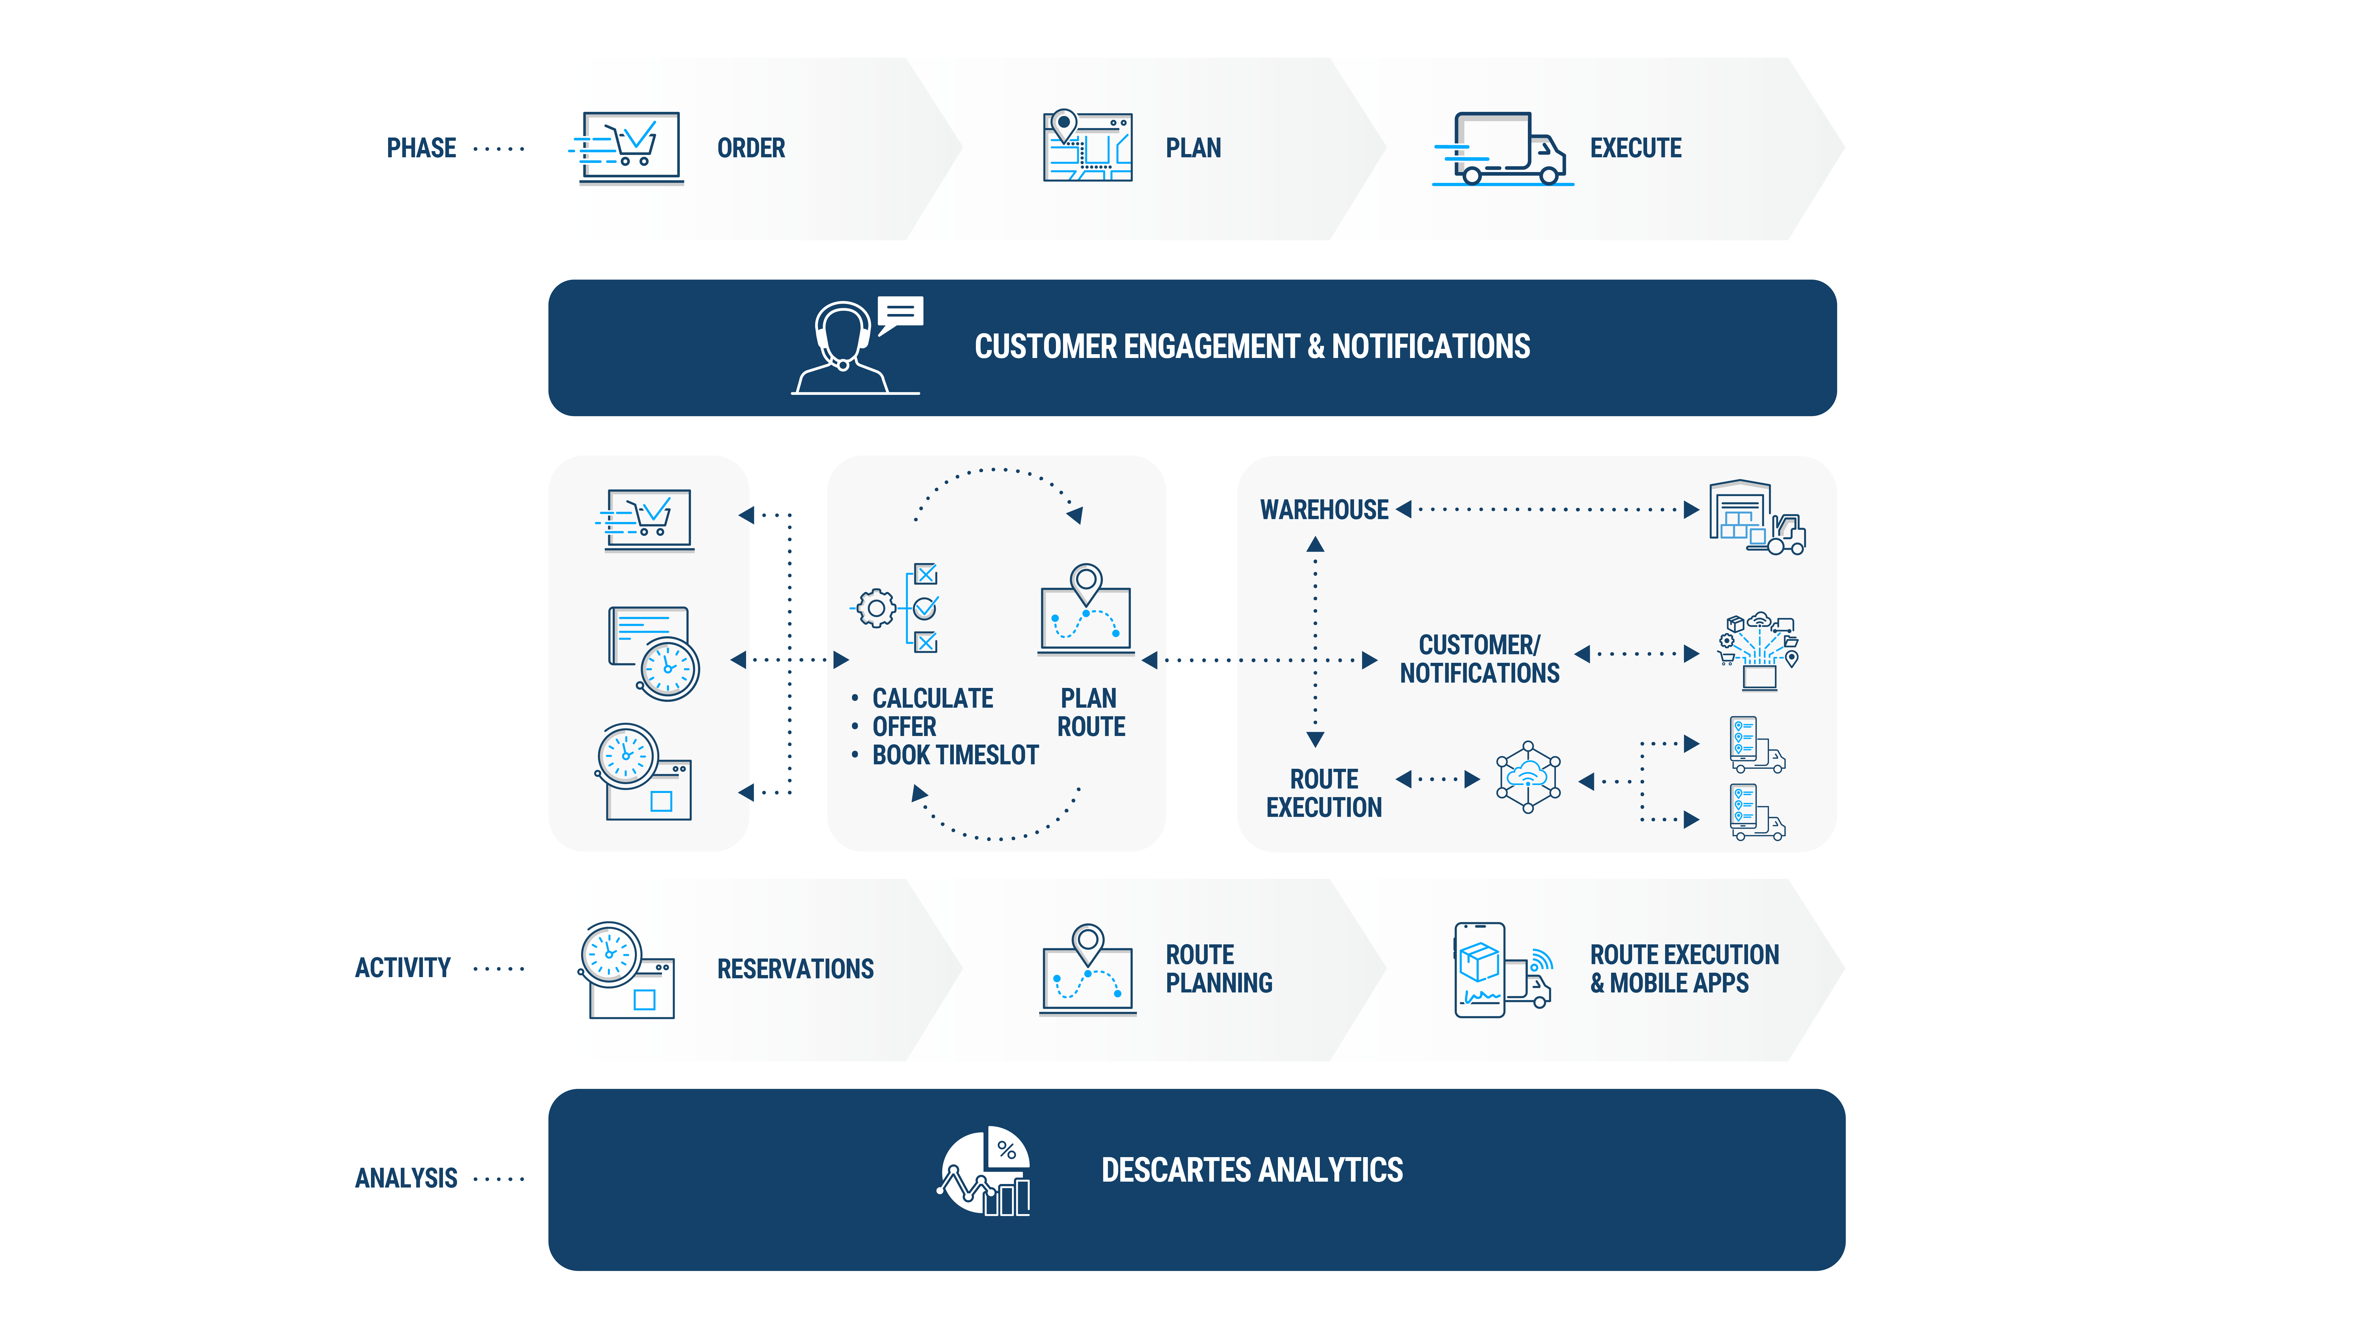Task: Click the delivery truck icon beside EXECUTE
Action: pos(1503,148)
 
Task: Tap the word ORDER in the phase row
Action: pos(751,148)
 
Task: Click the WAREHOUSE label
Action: pos(1323,510)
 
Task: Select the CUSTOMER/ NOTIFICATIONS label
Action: pos(1479,659)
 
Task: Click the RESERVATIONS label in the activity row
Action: pos(795,969)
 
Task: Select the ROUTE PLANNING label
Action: pos(1218,969)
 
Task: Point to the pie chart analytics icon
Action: pos(985,1170)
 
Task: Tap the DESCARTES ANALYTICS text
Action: pos(1251,1170)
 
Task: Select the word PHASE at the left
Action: pos(421,148)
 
